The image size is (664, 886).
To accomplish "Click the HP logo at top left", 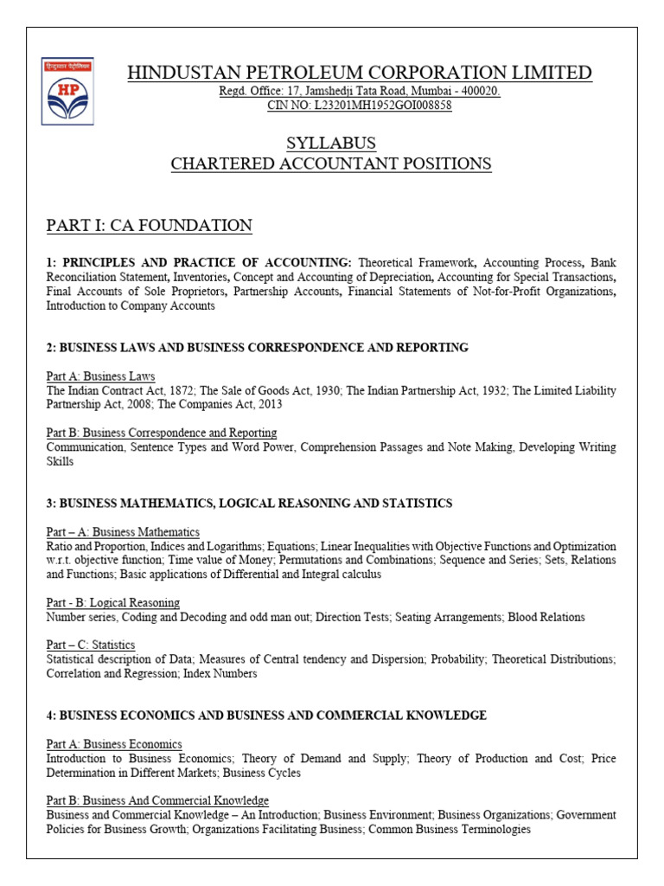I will pyautogui.click(x=67, y=91).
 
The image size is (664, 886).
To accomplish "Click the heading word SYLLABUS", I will pyautogui.click(x=331, y=143).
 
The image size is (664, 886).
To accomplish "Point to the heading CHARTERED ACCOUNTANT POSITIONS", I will pyautogui.click(x=331, y=163).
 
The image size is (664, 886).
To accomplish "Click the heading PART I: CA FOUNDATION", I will pyautogui.click(x=149, y=226).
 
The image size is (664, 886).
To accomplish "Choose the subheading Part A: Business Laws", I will pyautogui.click(x=100, y=376).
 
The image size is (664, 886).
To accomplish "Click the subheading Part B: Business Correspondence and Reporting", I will pyautogui.click(x=161, y=433).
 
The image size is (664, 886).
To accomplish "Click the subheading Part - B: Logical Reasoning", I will pyautogui.click(x=112, y=602).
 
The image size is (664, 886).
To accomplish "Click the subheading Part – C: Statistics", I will pyautogui.click(x=90, y=645).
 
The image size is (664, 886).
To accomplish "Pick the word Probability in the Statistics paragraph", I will pyautogui.click(x=456, y=659).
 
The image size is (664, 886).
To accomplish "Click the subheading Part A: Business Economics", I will pyautogui.click(x=113, y=744).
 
